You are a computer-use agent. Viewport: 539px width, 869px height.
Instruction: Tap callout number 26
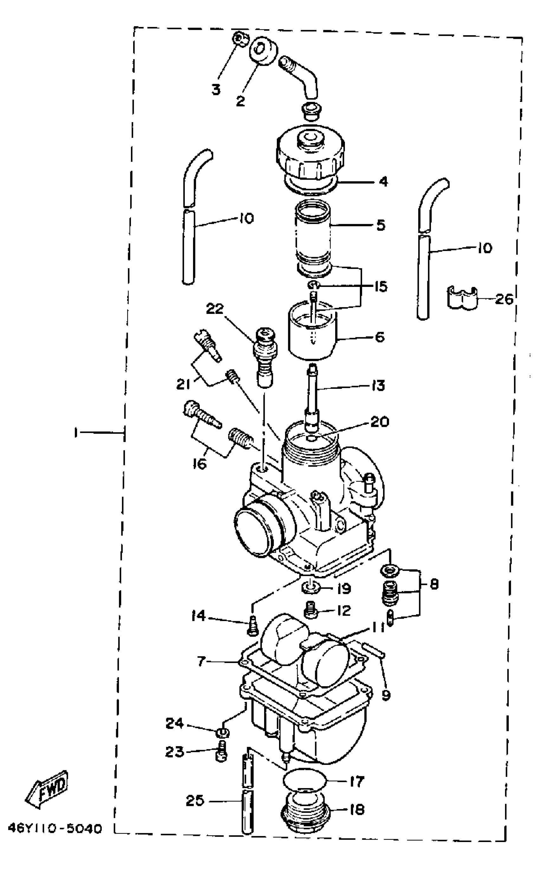504,299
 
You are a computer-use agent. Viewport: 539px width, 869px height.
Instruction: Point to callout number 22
215,308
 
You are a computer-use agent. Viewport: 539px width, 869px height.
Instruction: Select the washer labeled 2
264,51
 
